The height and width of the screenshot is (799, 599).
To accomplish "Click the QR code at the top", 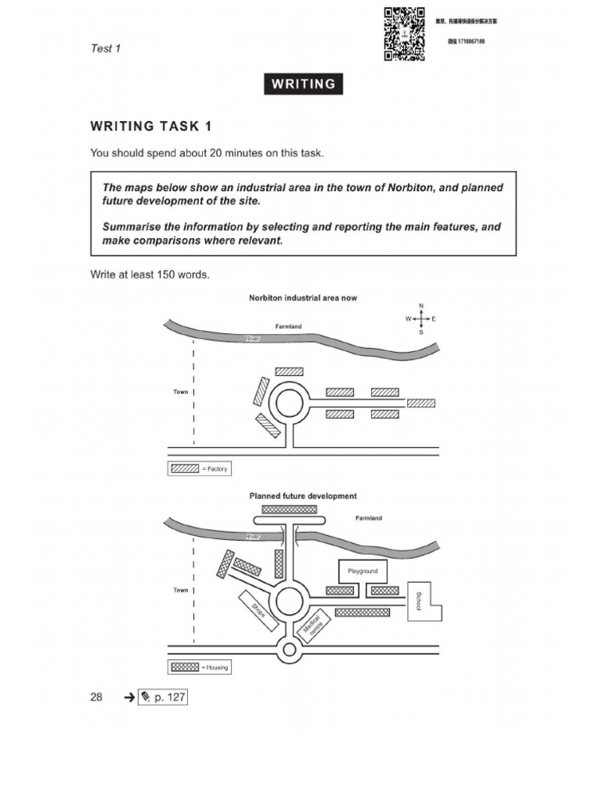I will (x=405, y=34).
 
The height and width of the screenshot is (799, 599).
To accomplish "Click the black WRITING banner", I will (x=303, y=84).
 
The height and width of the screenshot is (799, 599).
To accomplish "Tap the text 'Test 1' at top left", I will (x=105, y=48).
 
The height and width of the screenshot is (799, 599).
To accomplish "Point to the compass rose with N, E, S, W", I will (x=420, y=318).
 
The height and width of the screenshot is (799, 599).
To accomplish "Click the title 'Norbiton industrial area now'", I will (x=303, y=298).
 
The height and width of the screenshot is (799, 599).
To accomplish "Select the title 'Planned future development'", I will (x=303, y=495).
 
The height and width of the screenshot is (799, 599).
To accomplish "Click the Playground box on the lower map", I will (x=362, y=571).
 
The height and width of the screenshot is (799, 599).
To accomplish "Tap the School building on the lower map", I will (x=424, y=602).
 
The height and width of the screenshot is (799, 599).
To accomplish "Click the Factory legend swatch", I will (x=185, y=469).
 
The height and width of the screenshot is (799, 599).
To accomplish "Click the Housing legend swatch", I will (x=185, y=667).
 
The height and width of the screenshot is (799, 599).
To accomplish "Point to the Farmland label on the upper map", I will (x=288, y=326).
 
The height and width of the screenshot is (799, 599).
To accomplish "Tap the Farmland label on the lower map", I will (x=369, y=518).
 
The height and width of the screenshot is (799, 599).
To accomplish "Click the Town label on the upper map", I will (x=180, y=392).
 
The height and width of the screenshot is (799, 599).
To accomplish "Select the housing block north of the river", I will (x=289, y=509).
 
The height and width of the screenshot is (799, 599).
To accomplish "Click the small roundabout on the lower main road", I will (x=289, y=649).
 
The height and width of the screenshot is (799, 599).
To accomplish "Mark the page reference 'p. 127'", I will (x=162, y=697).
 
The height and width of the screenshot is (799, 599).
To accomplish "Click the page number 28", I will (x=96, y=697).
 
